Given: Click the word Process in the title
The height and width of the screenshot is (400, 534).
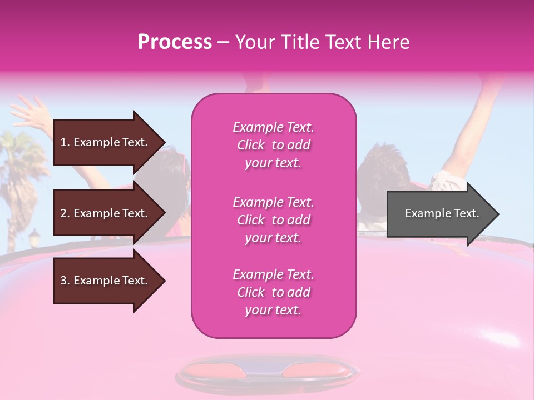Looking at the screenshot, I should [174, 42].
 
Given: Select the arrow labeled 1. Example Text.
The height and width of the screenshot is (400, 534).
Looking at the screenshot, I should [106, 142].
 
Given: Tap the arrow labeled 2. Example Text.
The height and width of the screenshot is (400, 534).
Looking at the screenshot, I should [106, 213].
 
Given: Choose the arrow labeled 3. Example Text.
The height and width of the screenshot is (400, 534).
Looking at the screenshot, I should [106, 281].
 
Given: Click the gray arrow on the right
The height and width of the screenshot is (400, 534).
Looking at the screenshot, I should [439, 214].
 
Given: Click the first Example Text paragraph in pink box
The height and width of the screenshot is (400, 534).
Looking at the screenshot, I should [273, 145].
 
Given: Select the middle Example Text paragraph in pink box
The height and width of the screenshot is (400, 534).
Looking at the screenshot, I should [273, 220].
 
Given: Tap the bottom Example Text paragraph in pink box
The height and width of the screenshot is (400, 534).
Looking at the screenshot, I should [273, 292].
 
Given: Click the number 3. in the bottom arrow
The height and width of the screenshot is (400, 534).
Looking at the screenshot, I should [65, 281].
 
